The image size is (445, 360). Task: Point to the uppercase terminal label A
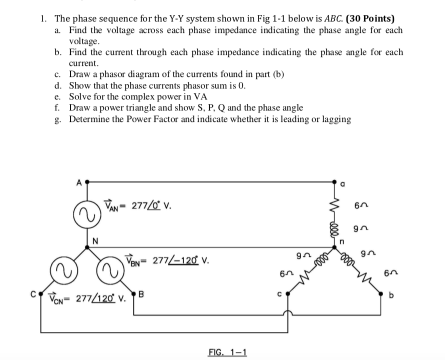(78, 182)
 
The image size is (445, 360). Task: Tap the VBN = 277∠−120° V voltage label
(167, 260)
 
